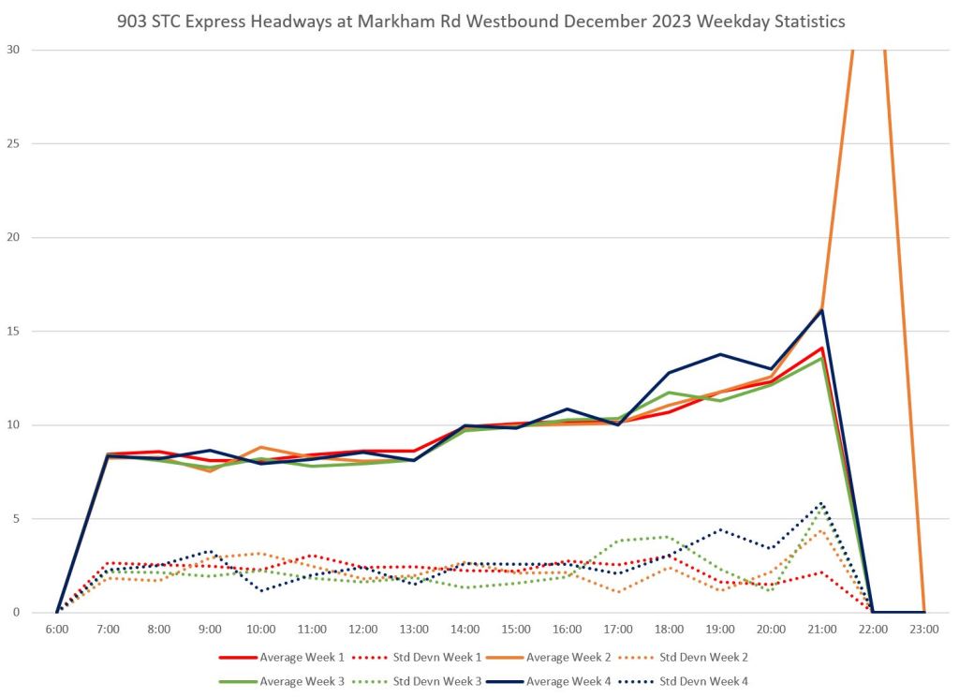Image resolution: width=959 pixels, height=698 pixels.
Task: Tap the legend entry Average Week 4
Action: (x=568, y=681)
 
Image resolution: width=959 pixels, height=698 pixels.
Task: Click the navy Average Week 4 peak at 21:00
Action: (x=821, y=310)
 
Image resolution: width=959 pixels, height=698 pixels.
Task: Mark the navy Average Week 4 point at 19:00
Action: (x=719, y=354)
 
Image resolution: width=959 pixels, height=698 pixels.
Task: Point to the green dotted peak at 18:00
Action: (x=667, y=537)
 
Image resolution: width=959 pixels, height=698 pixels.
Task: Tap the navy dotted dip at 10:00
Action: (x=261, y=590)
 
